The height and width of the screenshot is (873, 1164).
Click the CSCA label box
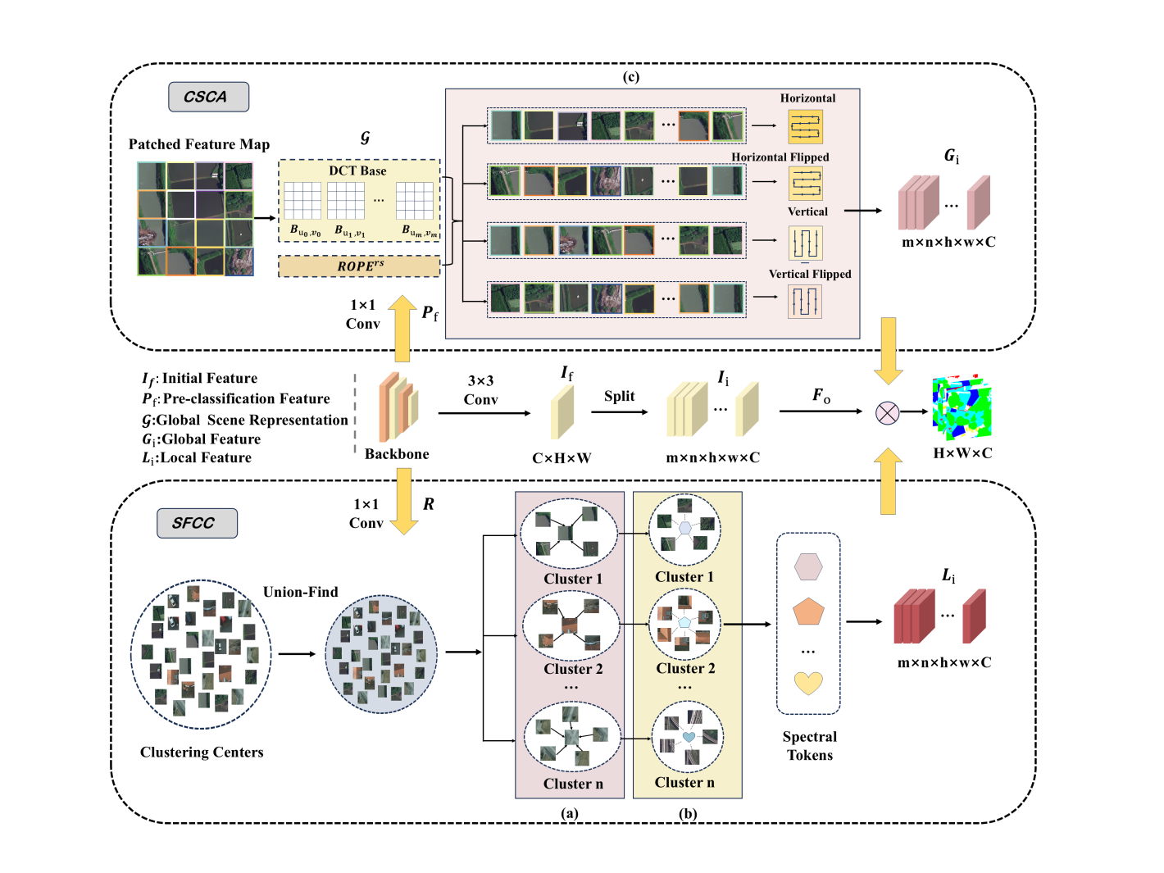click(x=208, y=97)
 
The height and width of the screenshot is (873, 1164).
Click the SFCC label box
click(x=197, y=523)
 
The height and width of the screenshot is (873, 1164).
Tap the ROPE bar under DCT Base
click(x=359, y=266)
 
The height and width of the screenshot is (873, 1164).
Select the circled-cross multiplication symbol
click(x=887, y=412)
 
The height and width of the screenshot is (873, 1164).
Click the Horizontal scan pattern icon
click(x=805, y=127)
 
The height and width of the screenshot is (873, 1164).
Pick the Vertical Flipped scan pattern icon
click(x=805, y=302)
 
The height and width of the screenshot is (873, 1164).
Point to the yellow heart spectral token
click(x=808, y=683)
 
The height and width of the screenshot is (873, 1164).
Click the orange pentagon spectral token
click(x=808, y=612)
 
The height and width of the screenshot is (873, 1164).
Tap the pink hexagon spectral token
click(x=808, y=566)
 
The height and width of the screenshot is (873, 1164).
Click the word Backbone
click(x=397, y=454)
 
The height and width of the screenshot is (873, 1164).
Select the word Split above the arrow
click(x=619, y=396)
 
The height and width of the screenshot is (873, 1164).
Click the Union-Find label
click(x=300, y=592)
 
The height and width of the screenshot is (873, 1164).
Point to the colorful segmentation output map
click(x=962, y=407)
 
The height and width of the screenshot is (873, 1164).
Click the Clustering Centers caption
click(x=202, y=753)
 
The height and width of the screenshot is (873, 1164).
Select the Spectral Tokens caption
click(x=810, y=746)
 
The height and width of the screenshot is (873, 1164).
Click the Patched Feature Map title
click(x=199, y=144)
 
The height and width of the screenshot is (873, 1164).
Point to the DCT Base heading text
click(x=357, y=171)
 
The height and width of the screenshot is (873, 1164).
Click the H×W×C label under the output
click(x=962, y=453)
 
